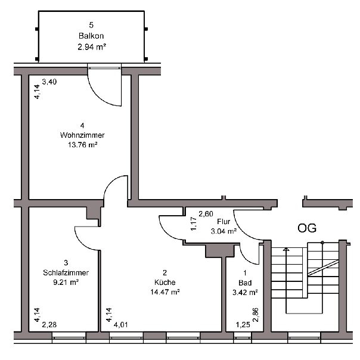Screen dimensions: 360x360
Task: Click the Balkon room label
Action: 91,36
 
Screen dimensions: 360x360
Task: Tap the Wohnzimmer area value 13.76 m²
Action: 82,145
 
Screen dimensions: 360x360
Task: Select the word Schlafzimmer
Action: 66,272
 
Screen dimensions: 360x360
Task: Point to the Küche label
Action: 165,282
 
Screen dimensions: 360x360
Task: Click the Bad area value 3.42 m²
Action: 245,293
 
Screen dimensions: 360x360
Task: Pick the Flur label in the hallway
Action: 224,222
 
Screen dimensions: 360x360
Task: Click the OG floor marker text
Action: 307,228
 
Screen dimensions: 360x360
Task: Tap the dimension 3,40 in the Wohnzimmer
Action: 49,82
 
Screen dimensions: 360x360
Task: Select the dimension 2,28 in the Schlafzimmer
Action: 49,325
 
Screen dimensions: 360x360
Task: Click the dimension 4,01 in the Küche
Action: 121,325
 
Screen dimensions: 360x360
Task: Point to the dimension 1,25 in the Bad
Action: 243,325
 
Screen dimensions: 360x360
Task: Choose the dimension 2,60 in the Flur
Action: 206,214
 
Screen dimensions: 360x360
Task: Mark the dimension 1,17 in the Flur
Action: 194,224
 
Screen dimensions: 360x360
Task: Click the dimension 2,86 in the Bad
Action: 256,315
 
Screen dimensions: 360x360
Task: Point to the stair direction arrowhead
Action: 286,249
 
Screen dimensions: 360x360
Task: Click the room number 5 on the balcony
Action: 91,25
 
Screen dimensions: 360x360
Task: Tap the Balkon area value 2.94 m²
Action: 92,47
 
